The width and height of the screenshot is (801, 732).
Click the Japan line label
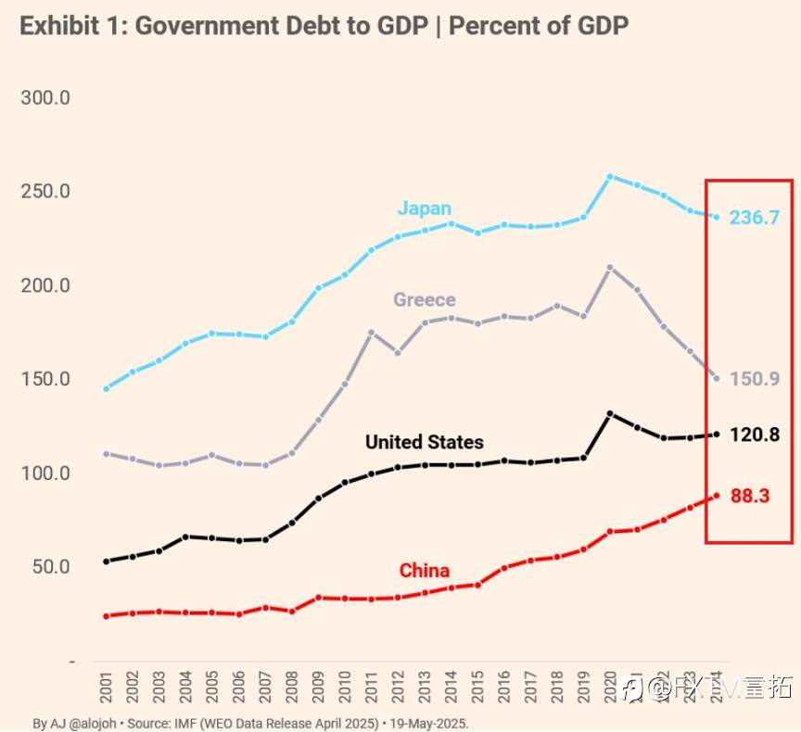click(x=425, y=208)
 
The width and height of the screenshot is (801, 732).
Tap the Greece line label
click(x=425, y=299)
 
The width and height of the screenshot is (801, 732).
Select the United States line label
click(x=424, y=442)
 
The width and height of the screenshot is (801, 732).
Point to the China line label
click(x=425, y=570)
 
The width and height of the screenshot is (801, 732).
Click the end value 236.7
click(x=754, y=219)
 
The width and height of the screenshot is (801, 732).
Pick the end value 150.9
click(x=754, y=380)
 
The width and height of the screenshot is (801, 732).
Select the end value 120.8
click(x=754, y=435)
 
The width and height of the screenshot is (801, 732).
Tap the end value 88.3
click(x=750, y=497)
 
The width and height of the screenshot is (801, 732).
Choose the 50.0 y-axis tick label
click(x=51, y=566)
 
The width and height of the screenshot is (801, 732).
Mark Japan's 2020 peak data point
click(x=610, y=176)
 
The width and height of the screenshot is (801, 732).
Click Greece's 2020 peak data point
click(x=610, y=268)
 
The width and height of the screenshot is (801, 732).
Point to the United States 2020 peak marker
click(x=610, y=413)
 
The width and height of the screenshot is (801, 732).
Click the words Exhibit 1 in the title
click(x=70, y=25)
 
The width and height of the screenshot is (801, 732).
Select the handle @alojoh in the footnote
click(x=84, y=723)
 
